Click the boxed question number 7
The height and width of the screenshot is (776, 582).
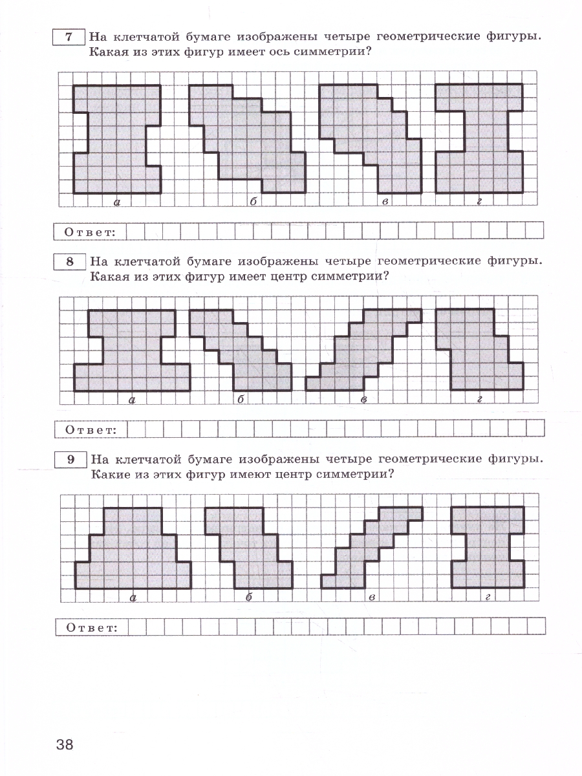68,37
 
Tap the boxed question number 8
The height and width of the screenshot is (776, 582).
69,262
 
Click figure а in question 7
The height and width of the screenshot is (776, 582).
116,139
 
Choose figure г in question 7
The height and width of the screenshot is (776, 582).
479,139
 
